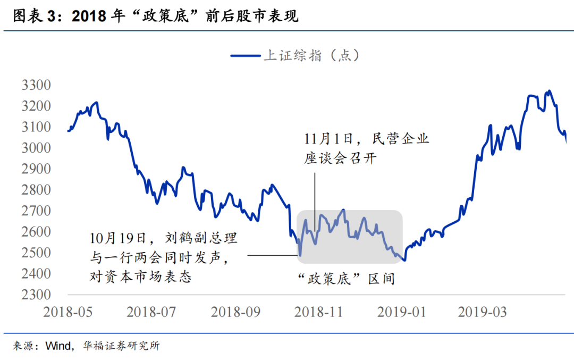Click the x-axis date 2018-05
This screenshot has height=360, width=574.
click(x=67, y=312)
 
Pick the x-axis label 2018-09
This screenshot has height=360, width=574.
click(x=235, y=312)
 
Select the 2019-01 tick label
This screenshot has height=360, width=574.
click(x=402, y=312)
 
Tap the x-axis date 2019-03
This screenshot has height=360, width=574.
click(x=483, y=312)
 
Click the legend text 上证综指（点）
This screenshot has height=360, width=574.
click(x=312, y=55)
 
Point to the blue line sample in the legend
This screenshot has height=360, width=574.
click(x=245, y=55)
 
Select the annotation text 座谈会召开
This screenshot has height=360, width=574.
click(x=340, y=158)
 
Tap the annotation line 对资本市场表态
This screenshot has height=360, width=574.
click(x=140, y=277)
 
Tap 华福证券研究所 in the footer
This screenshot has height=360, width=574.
click(x=121, y=346)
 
